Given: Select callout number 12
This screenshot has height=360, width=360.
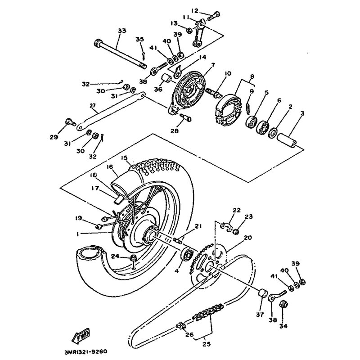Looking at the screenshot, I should (194, 11).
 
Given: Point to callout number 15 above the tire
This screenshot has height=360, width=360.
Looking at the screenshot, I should (125, 158).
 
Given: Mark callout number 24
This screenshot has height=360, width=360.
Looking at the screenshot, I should (114, 257).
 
